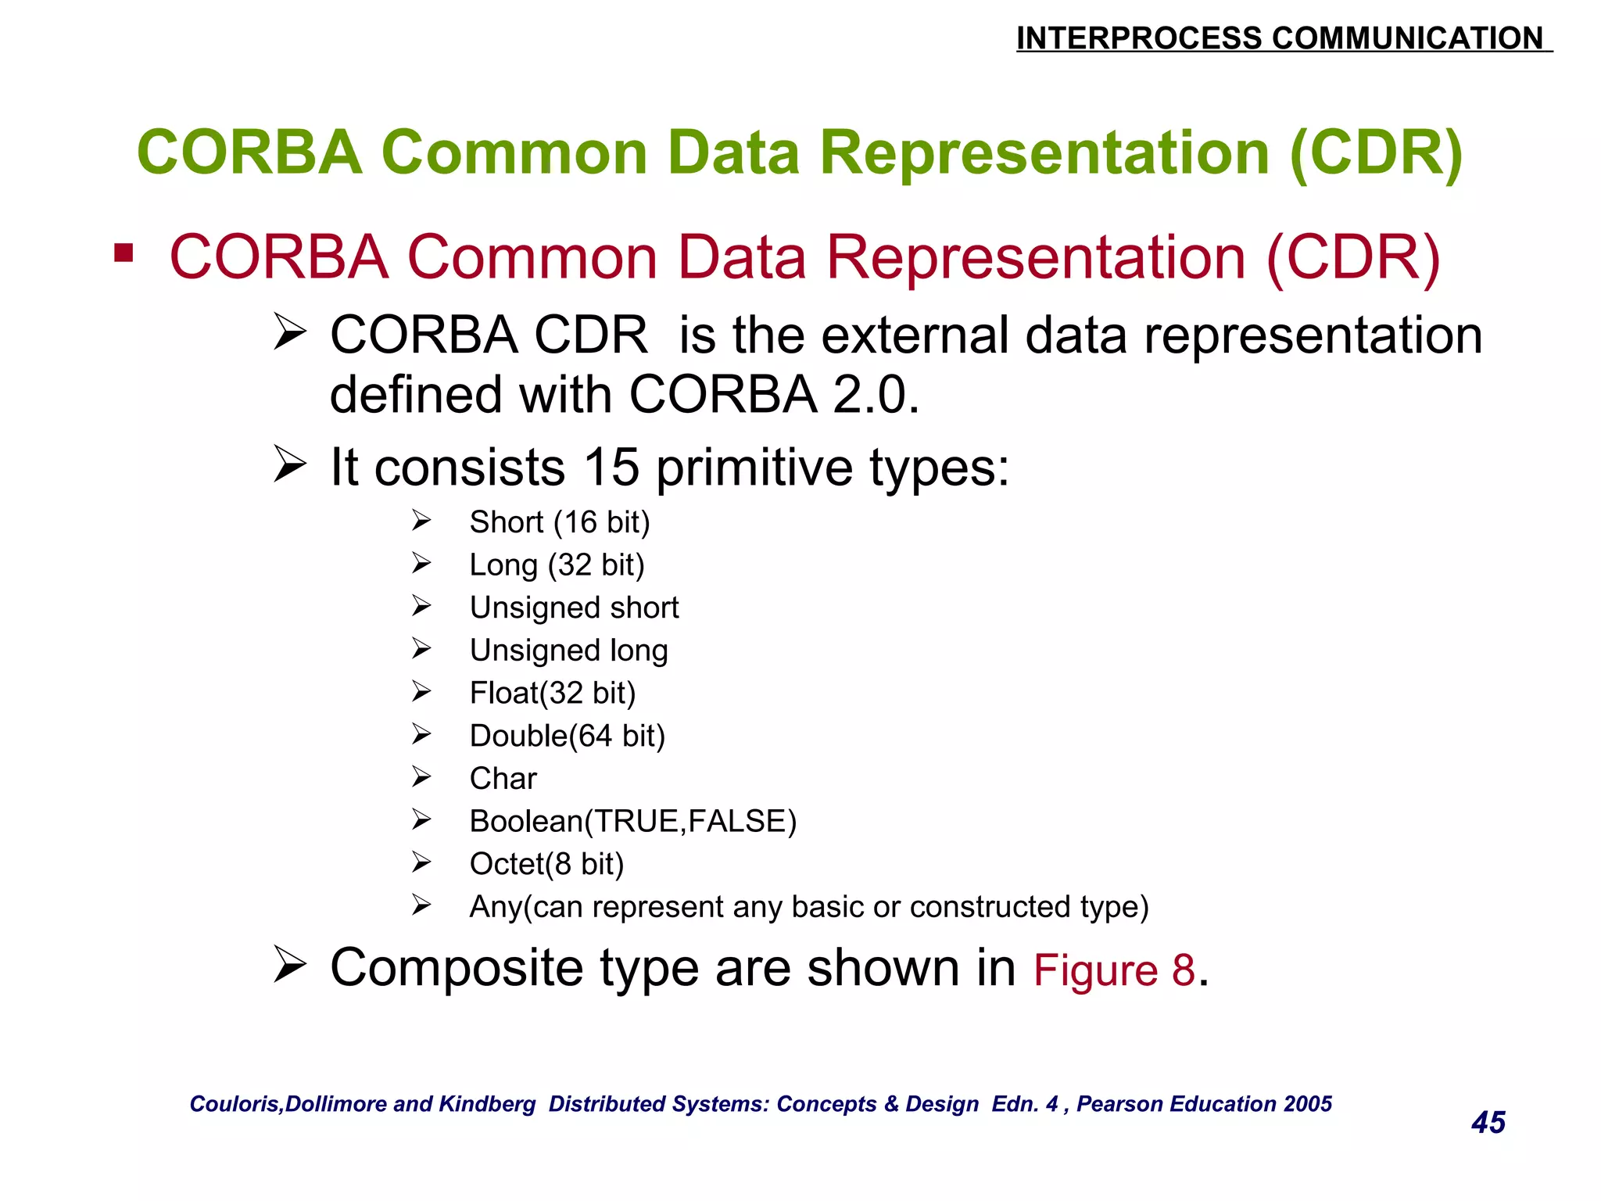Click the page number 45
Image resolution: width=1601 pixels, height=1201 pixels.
(x=1488, y=1122)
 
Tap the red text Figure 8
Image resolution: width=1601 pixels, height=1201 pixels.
(x=1114, y=970)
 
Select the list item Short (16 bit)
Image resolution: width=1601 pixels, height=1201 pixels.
(x=560, y=522)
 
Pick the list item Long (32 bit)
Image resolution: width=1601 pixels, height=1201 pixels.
(x=557, y=565)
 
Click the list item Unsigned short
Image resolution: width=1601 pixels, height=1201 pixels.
(x=574, y=608)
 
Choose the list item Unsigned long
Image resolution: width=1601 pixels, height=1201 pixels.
(x=568, y=651)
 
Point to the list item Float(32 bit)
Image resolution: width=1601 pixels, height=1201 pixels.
(x=553, y=693)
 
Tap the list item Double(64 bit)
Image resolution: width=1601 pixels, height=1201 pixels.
(x=567, y=736)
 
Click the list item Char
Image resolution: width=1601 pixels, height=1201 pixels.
(x=503, y=779)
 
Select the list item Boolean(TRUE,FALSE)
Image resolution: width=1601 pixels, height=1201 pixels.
(x=632, y=821)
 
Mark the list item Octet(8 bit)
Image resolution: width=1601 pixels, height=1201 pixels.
(x=546, y=864)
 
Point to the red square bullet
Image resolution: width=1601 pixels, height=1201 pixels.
(x=124, y=253)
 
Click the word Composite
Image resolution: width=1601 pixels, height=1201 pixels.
(x=457, y=968)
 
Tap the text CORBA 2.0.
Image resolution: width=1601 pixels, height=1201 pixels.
(x=774, y=394)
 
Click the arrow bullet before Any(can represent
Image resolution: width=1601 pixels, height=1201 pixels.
(x=421, y=905)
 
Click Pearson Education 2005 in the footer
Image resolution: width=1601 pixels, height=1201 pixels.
(x=1204, y=1103)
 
